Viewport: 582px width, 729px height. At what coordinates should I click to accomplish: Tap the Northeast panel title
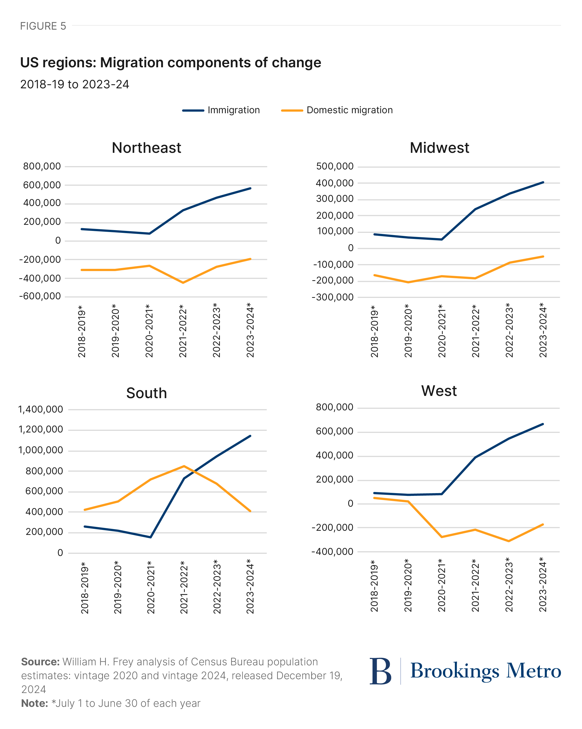(146, 148)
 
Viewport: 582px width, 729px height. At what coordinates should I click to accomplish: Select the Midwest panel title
(439, 148)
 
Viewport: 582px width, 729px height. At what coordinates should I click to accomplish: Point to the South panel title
(146, 393)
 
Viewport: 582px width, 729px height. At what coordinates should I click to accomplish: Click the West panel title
(439, 391)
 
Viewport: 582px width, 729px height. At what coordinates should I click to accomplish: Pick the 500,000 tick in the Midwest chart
(334, 166)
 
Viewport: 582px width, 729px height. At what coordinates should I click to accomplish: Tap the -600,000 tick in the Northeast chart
(40, 297)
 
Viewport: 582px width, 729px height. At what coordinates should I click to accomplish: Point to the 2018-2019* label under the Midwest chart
(374, 331)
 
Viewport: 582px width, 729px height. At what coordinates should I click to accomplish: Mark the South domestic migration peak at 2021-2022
(184, 466)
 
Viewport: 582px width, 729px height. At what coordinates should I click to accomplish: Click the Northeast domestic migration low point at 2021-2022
(183, 283)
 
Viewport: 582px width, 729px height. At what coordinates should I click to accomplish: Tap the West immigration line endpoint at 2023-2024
(543, 424)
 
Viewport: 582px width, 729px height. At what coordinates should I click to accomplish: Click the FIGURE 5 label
(43, 26)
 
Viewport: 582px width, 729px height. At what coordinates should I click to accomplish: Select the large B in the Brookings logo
(380, 671)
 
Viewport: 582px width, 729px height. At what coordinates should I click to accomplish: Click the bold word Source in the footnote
(40, 662)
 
